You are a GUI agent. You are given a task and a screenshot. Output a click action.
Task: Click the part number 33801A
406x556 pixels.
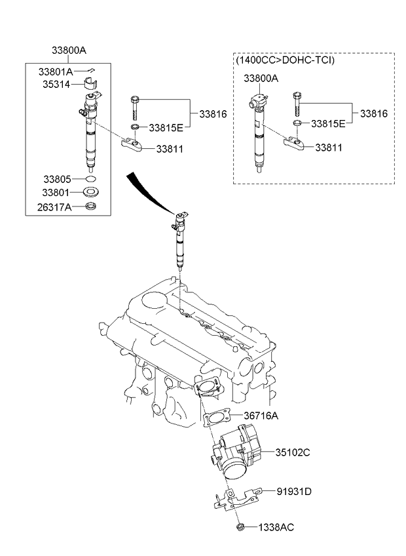[56, 72]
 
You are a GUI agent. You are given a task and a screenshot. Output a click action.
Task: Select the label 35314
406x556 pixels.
[56, 85]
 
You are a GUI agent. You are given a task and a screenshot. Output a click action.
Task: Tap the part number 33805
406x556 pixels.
[58, 179]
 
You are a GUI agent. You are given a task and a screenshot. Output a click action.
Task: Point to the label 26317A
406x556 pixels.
[54, 207]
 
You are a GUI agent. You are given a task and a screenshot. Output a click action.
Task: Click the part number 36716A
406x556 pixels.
[261, 415]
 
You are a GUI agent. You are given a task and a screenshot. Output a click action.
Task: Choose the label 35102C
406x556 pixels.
[293, 452]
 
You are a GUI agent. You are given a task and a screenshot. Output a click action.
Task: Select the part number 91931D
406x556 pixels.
[294, 492]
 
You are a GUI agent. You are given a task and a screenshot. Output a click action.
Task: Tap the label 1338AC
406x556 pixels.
[276, 527]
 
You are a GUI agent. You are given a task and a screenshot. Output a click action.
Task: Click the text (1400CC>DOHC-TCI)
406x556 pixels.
[286, 60]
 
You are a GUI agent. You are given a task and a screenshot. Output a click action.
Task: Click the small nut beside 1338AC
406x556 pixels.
[240, 527]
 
